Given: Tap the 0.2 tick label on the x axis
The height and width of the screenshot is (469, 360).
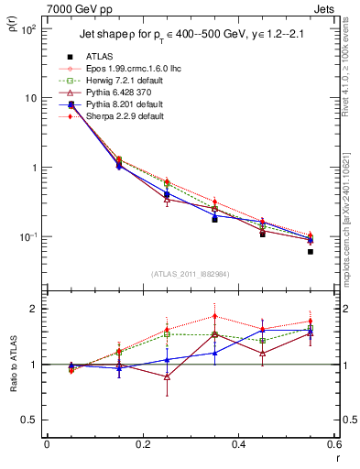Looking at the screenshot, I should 142,444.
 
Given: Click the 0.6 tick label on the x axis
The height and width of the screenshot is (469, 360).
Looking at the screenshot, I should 332,444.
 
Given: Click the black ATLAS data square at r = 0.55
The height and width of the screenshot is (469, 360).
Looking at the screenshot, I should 310,251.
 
